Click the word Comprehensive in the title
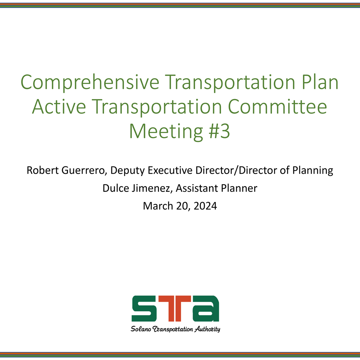tap(90, 83)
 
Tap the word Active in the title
tap(59, 107)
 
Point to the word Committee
tap(277, 107)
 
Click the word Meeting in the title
tap(166, 131)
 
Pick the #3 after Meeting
tap(219, 131)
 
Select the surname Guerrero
tap(84, 171)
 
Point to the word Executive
tap(170, 170)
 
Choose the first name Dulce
tap(116, 188)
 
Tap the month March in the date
tap(158, 206)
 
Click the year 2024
tap(205, 206)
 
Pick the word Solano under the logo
tap(141, 329)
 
